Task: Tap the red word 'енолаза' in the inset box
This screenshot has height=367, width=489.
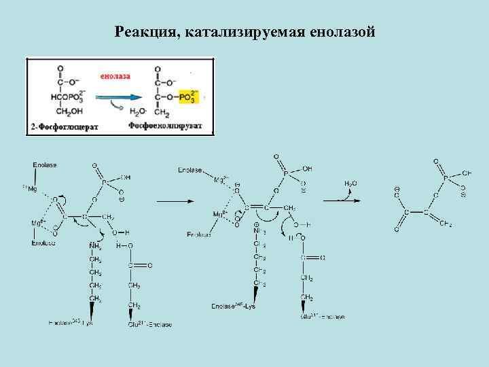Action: click(x=115, y=76)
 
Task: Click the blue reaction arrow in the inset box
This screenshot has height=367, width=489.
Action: click(x=120, y=97)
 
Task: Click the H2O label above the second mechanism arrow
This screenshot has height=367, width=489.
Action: click(x=350, y=183)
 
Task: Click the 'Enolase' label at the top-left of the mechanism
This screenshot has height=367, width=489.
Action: click(x=45, y=165)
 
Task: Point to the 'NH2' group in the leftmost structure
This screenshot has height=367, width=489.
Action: click(x=94, y=245)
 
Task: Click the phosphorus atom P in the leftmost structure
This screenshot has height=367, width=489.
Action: click(x=103, y=182)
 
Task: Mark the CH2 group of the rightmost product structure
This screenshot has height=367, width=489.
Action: click(x=446, y=224)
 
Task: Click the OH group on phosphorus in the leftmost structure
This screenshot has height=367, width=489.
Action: click(x=126, y=177)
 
